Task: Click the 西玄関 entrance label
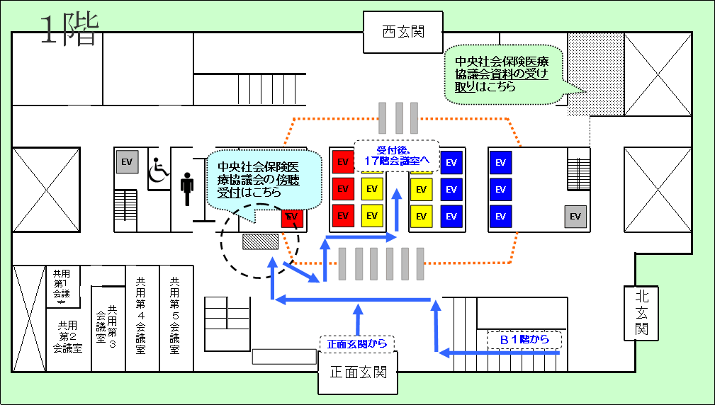[x=402, y=32]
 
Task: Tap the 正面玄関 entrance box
[x=358, y=372]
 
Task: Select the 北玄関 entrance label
[x=641, y=312]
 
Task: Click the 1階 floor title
[x=68, y=31]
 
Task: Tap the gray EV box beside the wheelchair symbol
[x=128, y=162]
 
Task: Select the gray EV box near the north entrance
[x=575, y=217]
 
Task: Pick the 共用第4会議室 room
[x=140, y=319]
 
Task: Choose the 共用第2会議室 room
[x=68, y=337]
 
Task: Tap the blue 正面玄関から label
[x=356, y=344]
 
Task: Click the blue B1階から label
[x=524, y=340]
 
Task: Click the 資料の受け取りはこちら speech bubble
[x=502, y=74]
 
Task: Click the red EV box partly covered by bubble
[x=292, y=217]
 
